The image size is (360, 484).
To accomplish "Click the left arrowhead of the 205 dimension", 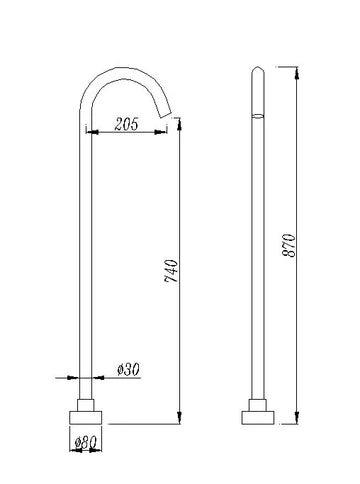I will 93,131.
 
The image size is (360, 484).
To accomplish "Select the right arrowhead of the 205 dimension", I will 168,131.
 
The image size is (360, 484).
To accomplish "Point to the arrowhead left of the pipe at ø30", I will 74,378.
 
